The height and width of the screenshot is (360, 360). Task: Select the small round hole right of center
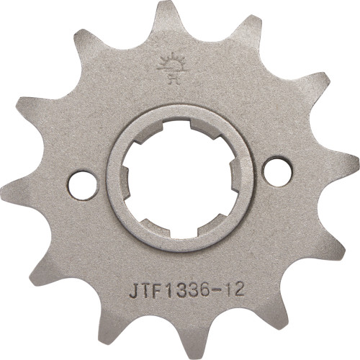click(274, 171)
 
